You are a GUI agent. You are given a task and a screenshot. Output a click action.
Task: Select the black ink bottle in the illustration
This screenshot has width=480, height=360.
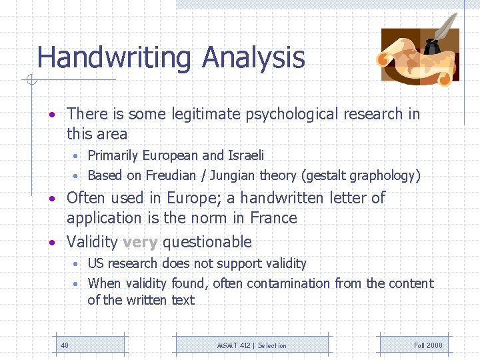(x=431, y=47)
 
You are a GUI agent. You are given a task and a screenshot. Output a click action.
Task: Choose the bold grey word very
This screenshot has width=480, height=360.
(x=140, y=242)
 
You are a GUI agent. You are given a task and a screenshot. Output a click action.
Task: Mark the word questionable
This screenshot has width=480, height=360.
(x=207, y=242)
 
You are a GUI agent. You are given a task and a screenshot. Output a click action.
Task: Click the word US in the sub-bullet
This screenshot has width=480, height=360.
(x=96, y=263)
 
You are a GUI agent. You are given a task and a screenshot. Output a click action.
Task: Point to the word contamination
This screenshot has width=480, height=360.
(x=284, y=283)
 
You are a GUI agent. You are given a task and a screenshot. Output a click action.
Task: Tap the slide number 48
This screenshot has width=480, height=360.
(x=65, y=345)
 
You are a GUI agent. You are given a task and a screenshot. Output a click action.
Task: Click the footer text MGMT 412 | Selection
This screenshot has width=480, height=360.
(x=252, y=345)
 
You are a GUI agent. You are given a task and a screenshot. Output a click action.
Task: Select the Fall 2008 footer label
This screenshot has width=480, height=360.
(x=428, y=345)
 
